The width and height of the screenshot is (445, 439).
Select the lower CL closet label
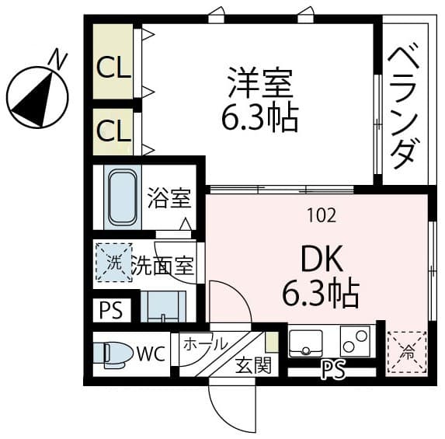click(113, 131)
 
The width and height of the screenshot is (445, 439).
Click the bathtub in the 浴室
click(120, 197)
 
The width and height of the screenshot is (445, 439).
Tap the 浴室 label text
click(169, 198)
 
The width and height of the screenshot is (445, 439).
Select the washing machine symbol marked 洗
click(113, 263)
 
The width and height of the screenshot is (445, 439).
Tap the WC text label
click(151, 355)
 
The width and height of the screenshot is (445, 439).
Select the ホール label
click(205, 343)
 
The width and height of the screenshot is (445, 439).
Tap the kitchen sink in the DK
click(306, 342)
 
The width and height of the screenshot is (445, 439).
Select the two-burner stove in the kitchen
click(356, 342)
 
